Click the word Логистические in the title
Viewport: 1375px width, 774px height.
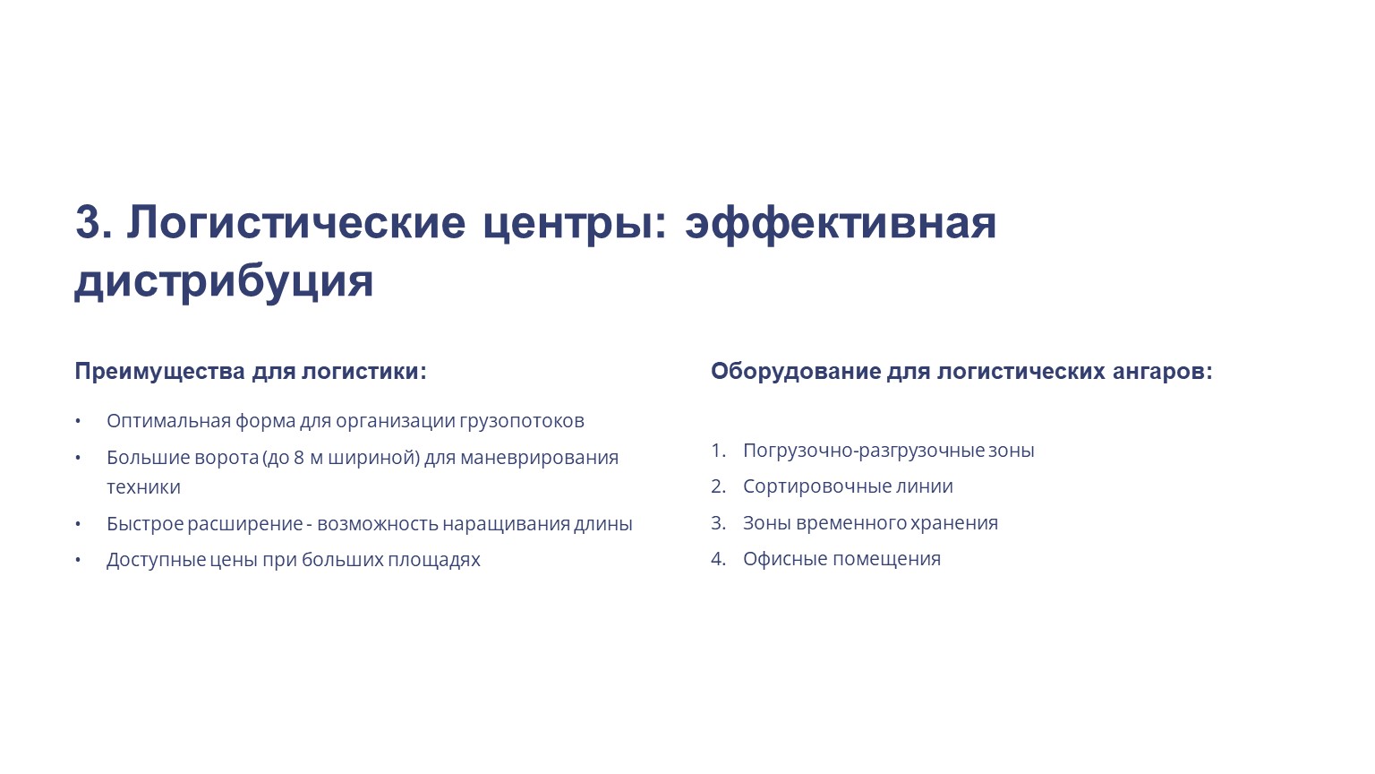(296, 222)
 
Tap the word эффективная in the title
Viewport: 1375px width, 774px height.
(841, 224)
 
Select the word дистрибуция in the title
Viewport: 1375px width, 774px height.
(224, 282)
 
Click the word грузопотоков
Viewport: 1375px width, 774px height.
(522, 421)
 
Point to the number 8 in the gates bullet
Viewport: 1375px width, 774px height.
(299, 458)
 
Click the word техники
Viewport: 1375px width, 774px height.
(143, 487)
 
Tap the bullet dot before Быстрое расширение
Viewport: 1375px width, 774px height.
(78, 524)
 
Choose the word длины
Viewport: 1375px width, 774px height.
(602, 524)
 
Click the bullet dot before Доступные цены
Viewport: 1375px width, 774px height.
(78, 560)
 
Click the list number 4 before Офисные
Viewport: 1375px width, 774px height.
(718, 559)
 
